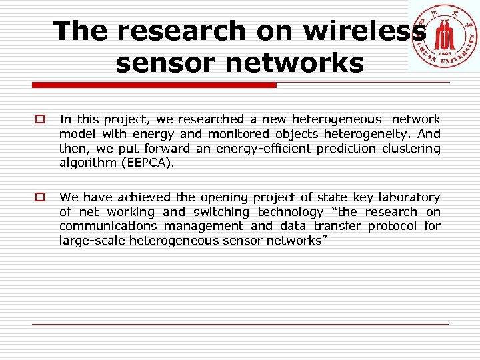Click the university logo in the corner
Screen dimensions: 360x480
(443, 36)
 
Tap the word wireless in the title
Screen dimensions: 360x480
(365, 31)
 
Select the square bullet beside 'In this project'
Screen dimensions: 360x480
(41, 119)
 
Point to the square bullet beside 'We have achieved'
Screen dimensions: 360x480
(41, 197)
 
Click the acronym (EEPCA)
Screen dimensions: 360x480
(145, 163)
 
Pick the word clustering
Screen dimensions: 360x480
(411, 149)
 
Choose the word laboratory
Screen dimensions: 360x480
(409, 197)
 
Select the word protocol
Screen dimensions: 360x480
(392, 226)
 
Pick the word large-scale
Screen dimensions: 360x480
(91, 241)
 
